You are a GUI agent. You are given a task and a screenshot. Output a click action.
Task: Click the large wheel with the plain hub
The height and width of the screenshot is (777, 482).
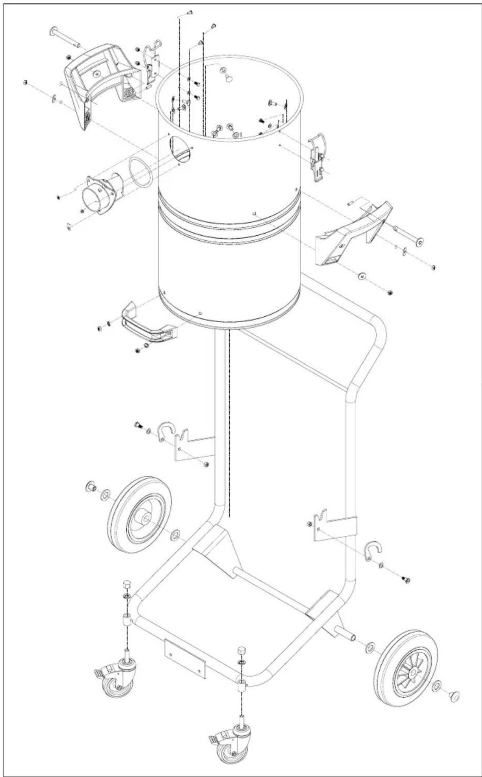[140, 514]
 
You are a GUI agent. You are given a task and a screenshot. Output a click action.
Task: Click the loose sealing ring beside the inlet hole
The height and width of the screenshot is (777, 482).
[141, 172]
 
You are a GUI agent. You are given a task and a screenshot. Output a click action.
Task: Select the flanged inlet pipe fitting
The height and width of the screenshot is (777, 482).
[100, 194]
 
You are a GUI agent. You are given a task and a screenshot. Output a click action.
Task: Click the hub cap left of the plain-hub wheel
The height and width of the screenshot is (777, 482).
[91, 487]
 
